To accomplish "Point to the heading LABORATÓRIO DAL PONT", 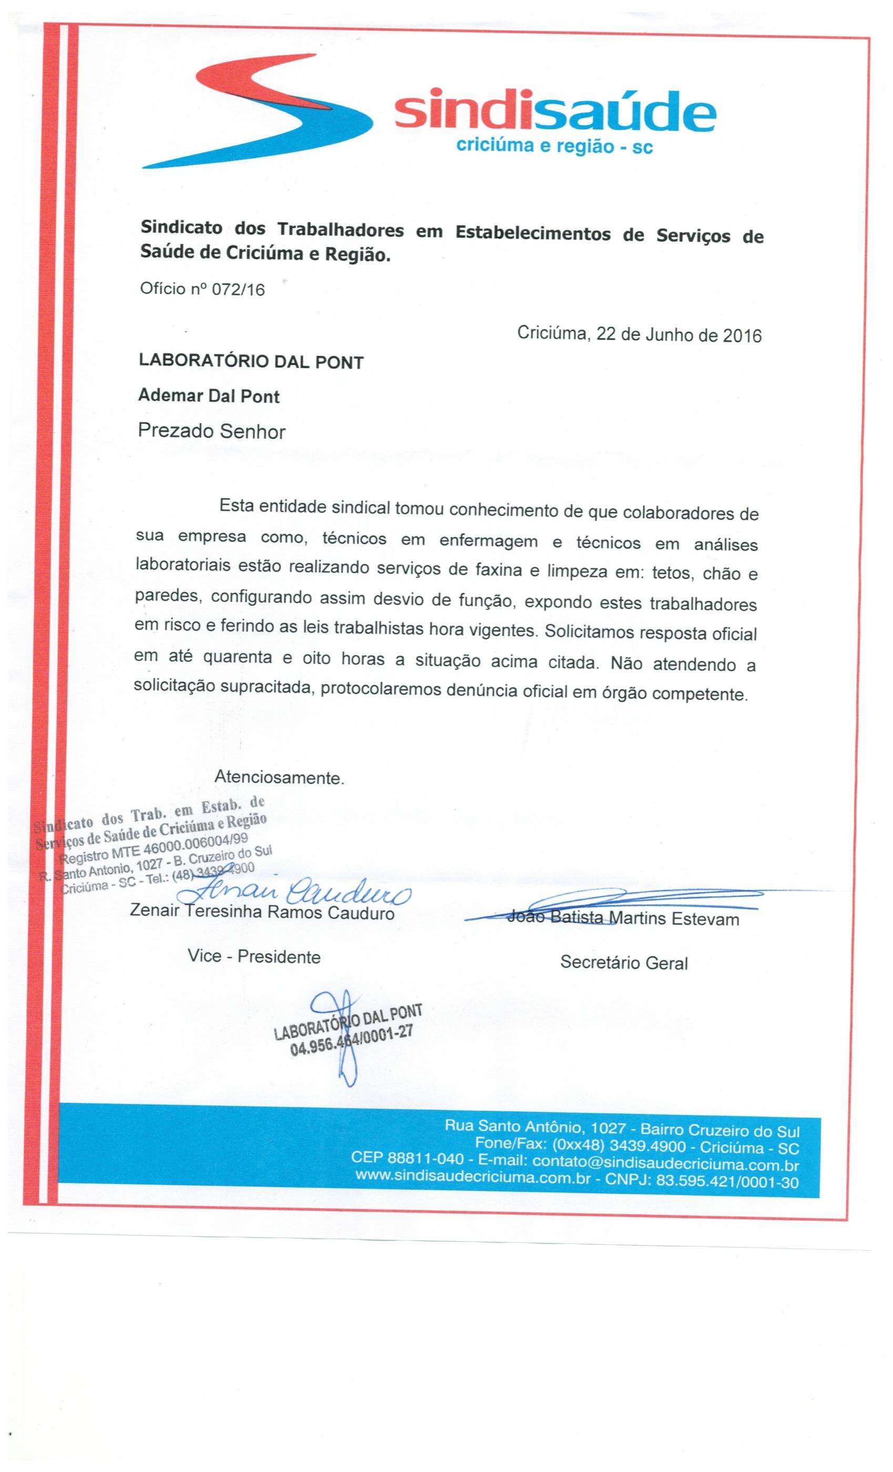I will click(x=251, y=362).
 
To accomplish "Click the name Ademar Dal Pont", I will click(x=209, y=396).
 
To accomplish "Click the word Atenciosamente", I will click(x=279, y=778).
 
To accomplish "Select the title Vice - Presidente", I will click(x=254, y=956).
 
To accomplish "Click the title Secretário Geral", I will click(x=623, y=963).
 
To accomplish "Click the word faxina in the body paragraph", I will click(x=498, y=570).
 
